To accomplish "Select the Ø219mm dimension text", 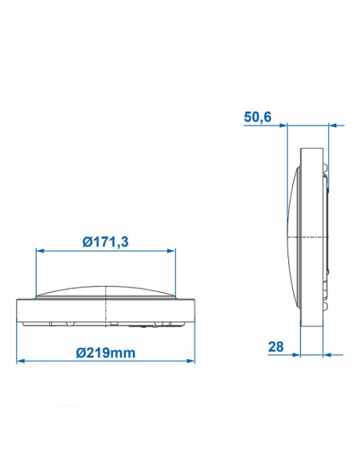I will click(106, 351).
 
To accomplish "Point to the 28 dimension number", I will click(276, 347).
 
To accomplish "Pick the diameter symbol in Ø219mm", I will click(84, 351).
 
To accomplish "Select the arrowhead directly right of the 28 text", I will click(291, 354).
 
